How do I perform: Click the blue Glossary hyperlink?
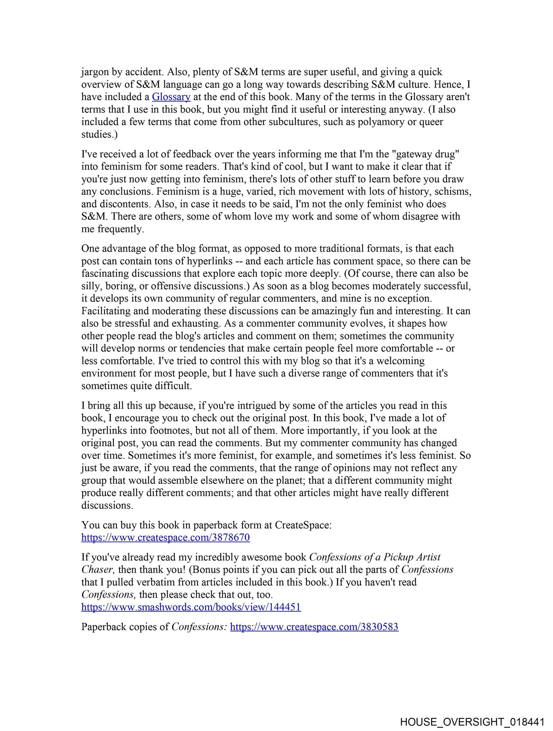click(x=171, y=97)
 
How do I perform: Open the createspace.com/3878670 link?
click(x=166, y=538)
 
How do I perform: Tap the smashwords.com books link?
click(x=191, y=607)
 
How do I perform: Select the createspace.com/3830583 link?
click(x=314, y=627)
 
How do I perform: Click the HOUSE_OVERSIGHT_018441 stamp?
click(x=472, y=722)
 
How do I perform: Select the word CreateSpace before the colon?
click(x=302, y=525)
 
